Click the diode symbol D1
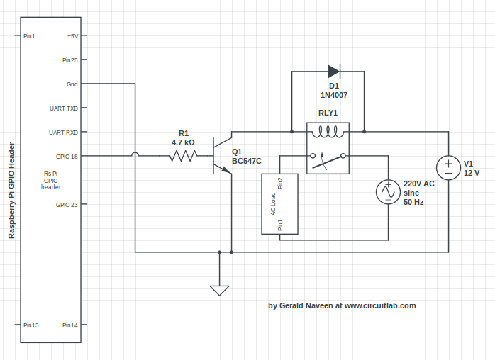333,71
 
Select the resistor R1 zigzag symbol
183,156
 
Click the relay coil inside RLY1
328,132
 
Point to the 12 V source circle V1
448,168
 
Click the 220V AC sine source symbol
389,192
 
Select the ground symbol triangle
219,289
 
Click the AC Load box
279,203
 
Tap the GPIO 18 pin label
67,157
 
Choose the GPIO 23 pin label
67,205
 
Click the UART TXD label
64,108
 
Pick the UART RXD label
64,133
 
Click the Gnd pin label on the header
72,84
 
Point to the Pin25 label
69,60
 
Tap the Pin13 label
30,325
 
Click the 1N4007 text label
333,95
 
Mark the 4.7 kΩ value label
183,142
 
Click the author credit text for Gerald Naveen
342,306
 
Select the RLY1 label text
328,113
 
